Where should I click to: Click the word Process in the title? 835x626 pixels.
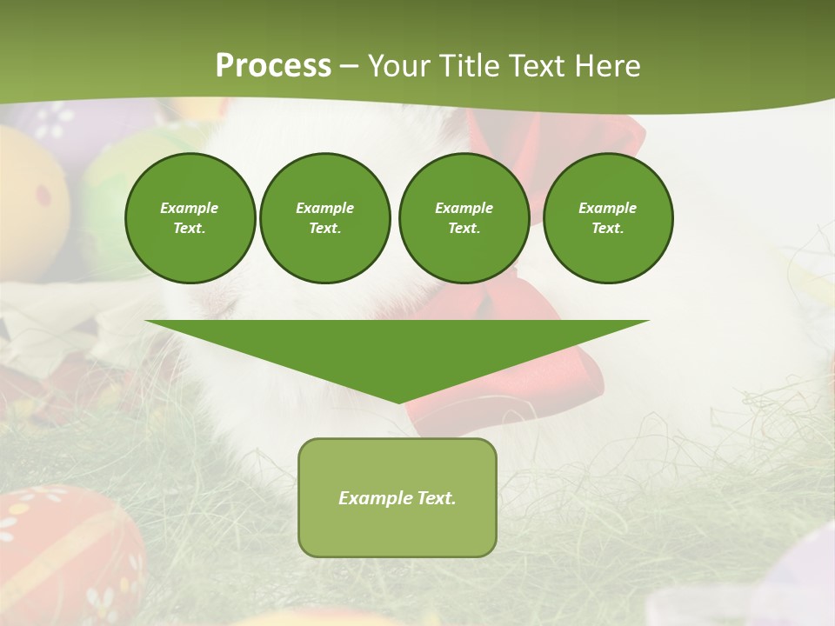273,66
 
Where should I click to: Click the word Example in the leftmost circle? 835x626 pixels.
190,208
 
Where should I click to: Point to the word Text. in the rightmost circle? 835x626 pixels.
608,228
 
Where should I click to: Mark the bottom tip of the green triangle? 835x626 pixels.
398,402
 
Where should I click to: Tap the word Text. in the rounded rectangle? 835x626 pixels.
437,498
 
